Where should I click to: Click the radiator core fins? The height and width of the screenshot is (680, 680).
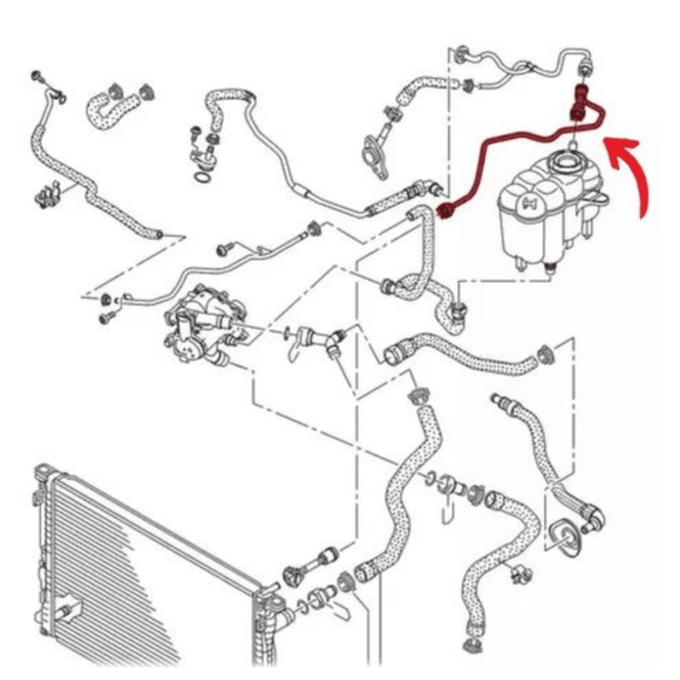144,552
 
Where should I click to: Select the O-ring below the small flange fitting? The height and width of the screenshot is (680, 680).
201,177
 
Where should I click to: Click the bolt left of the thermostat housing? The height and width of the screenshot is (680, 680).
108,317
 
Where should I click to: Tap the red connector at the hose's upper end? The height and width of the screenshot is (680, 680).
581,93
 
